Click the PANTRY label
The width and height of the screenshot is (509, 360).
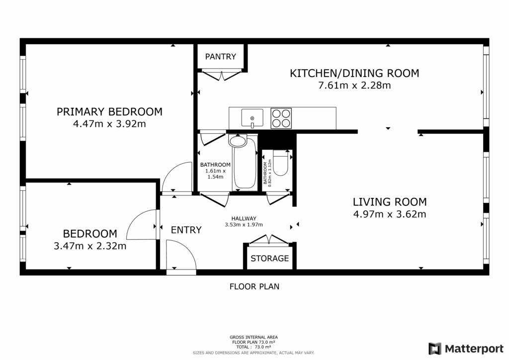click(220, 57)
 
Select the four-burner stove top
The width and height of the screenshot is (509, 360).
click(281, 118)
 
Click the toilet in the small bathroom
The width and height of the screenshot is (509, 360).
click(280, 163)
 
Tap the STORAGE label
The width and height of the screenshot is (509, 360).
click(269, 259)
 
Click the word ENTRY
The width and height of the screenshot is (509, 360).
click(186, 230)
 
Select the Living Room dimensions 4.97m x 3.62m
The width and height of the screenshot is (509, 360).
click(390, 214)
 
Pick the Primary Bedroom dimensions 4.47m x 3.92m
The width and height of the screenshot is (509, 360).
click(109, 124)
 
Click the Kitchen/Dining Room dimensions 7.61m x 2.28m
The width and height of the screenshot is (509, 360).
click(354, 86)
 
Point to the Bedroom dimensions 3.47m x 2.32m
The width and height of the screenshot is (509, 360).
click(90, 246)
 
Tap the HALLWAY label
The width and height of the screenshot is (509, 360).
click(244, 219)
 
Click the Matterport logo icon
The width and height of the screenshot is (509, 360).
click(435, 349)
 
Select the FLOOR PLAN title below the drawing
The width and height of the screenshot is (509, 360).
click(254, 286)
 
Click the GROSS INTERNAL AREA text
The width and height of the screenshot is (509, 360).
click(254, 337)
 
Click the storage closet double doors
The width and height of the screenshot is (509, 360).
click(269, 239)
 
